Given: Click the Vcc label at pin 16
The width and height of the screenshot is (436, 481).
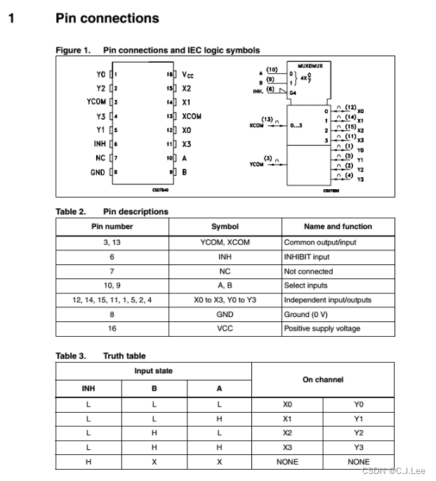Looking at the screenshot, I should [188, 74].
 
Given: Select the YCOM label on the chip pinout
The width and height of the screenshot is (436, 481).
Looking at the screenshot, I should [96, 102].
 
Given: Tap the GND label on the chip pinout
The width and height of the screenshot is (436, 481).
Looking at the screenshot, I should [98, 172].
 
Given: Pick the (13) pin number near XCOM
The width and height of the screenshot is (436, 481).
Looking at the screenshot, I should [267, 119].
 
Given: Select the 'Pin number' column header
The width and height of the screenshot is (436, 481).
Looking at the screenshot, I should [112, 226].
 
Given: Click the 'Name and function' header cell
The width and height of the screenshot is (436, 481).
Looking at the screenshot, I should [338, 226].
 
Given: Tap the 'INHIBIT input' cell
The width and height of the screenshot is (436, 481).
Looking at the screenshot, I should [307, 257].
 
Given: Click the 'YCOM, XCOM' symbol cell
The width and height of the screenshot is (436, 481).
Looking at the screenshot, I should [225, 242].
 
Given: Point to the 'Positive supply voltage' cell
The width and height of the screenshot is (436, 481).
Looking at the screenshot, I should [322, 328].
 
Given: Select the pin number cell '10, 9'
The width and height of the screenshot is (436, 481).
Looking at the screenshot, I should [112, 286].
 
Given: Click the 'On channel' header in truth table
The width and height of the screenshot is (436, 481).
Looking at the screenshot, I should [323, 380].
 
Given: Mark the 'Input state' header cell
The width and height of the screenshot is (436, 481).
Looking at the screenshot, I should [154, 371].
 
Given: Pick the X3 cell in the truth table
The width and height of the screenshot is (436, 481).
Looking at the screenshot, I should [287, 447].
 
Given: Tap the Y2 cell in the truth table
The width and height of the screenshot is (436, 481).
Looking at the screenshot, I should [359, 432].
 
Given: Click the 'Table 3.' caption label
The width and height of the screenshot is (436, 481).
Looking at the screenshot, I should [71, 356].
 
